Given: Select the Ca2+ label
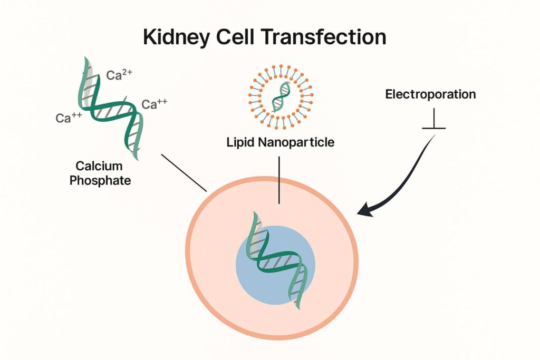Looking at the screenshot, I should coord(119,75).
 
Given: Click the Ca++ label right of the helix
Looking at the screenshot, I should coord(155,104).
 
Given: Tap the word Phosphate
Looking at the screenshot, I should coord(103,181).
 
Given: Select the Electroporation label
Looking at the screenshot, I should coord(430,95).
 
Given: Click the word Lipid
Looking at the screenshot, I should coord(240,142).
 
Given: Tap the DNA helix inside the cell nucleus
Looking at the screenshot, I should coord(274,261).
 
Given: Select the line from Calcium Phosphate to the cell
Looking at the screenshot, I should coord(184,172).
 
